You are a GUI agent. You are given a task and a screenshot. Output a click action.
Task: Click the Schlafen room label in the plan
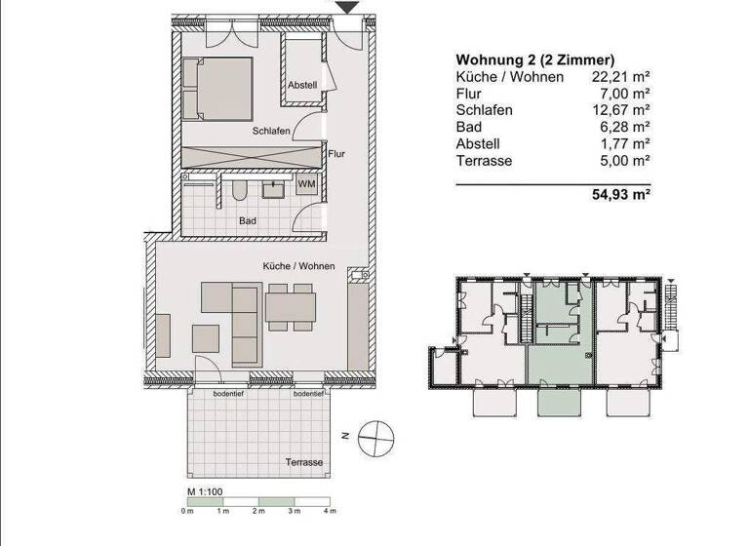point(270,132)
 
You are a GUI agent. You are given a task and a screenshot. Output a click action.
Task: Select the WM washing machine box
point(307,184)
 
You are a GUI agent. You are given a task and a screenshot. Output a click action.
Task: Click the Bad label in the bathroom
point(248,221)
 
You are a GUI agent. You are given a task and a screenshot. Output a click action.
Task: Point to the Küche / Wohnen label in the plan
point(298,266)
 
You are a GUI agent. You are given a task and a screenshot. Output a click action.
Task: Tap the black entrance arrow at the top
point(346,8)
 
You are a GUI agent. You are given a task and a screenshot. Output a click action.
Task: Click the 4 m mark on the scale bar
point(331,511)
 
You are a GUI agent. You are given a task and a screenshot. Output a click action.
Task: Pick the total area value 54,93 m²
point(621,195)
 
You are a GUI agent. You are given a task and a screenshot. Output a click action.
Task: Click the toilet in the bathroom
point(240,189)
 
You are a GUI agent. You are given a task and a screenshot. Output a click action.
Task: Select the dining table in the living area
point(290,308)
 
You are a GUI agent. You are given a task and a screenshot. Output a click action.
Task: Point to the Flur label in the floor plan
point(337,153)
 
